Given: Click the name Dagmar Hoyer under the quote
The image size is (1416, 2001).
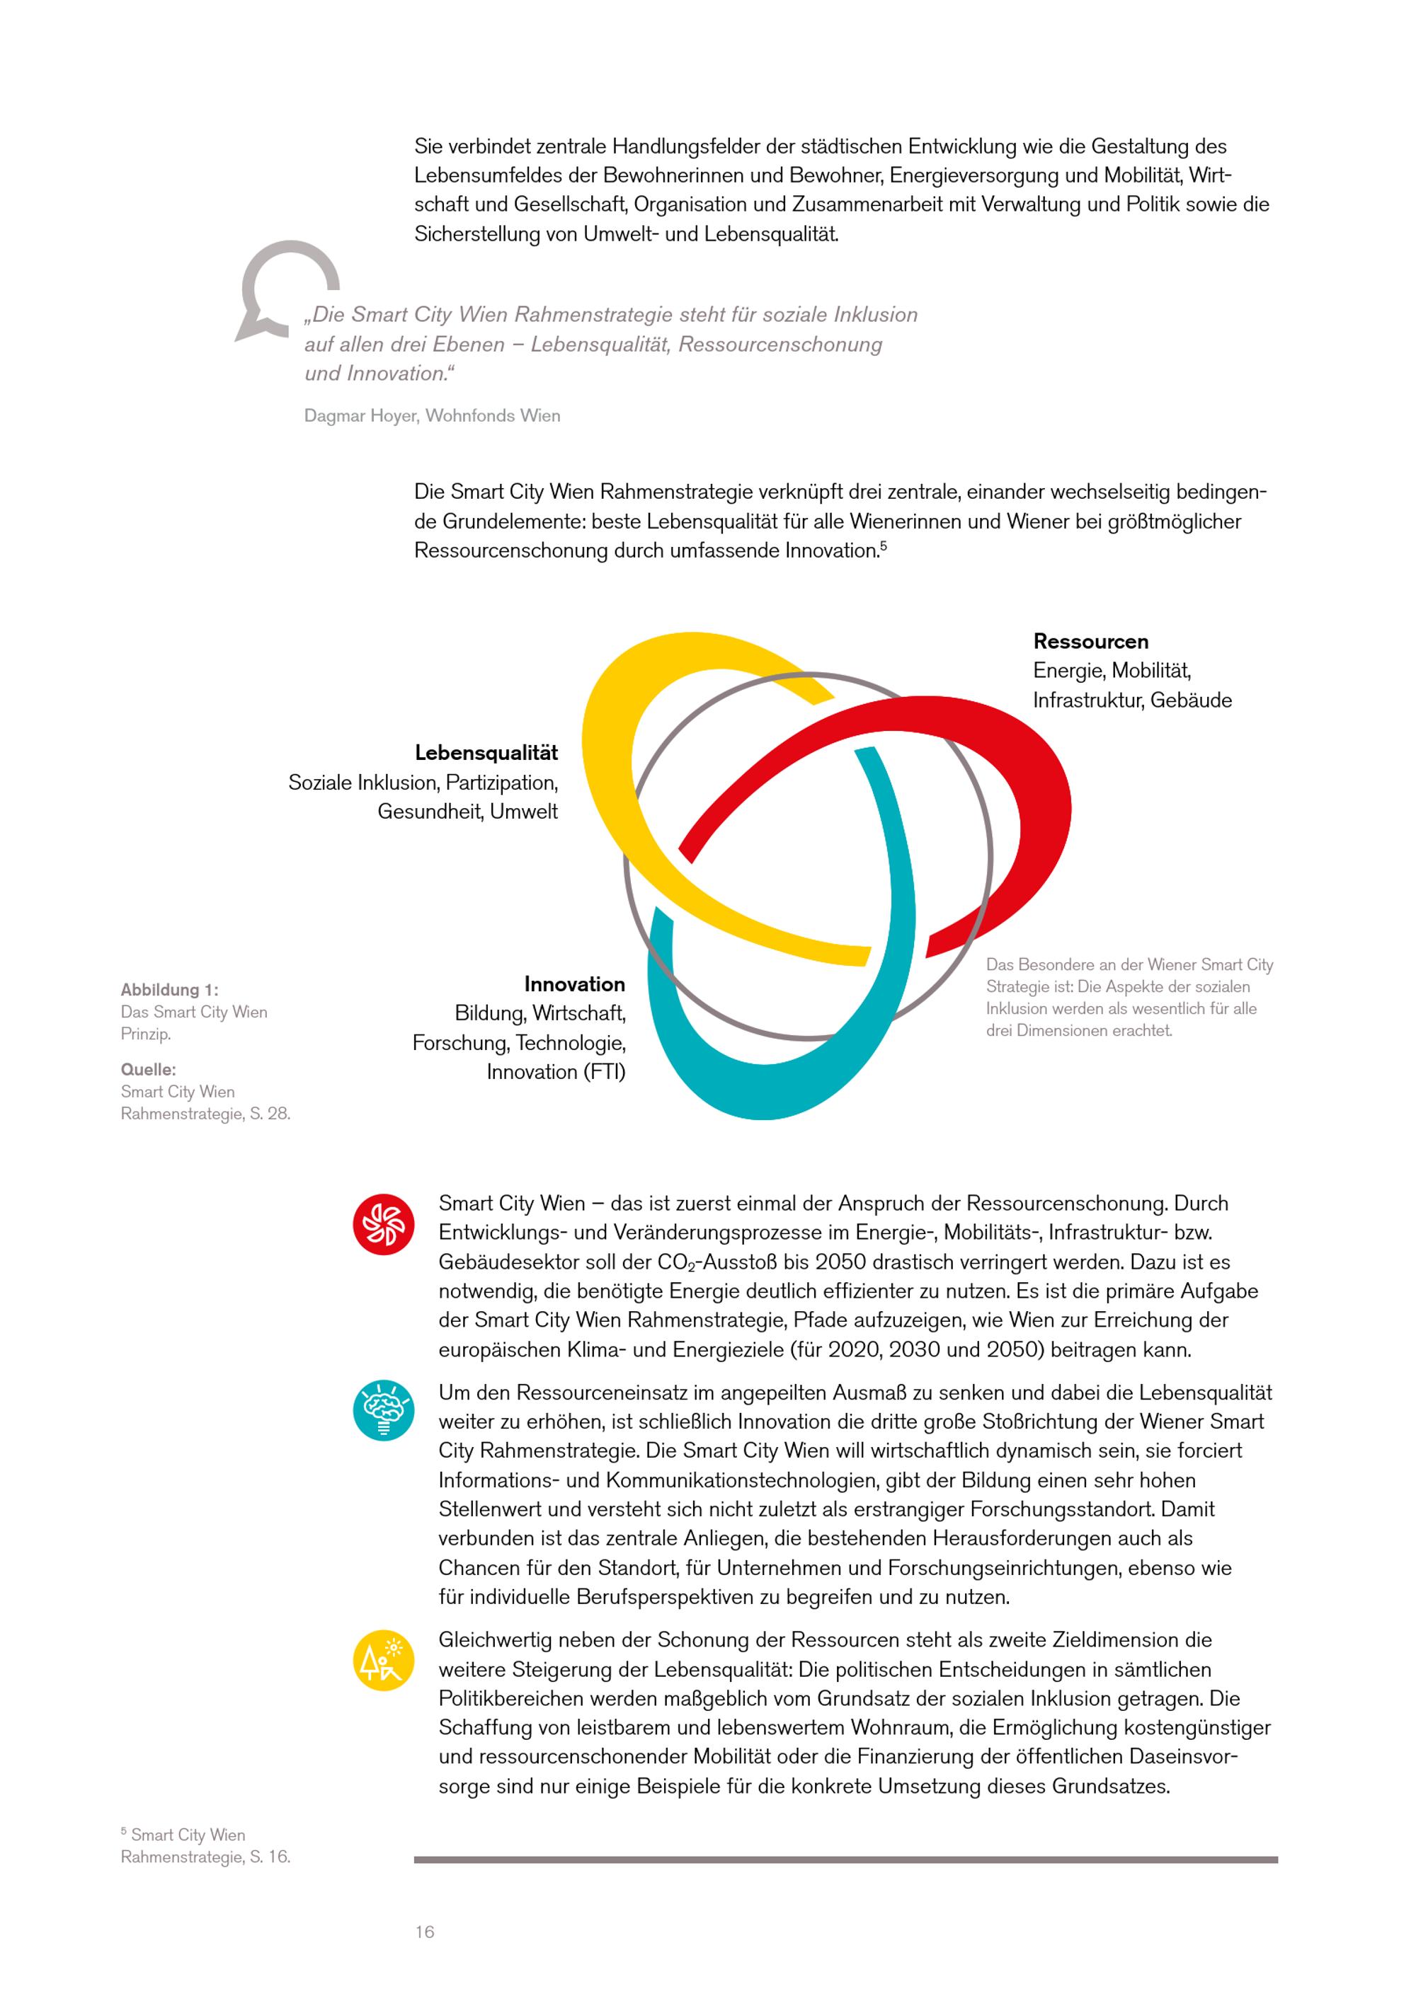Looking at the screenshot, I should tap(360, 416).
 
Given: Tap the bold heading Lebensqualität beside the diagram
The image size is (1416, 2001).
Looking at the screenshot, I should tap(486, 752).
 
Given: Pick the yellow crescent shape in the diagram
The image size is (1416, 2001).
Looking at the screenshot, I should tap(610, 785).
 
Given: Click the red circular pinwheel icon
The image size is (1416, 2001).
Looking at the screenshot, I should tap(383, 1225).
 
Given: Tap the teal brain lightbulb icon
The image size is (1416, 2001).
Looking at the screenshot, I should tap(383, 1411).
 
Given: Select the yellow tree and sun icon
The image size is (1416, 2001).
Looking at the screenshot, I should tap(383, 1660).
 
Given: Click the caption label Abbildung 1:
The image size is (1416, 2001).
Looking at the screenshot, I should tap(169, 990).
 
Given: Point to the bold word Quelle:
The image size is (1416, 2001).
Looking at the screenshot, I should tap(148, 1069).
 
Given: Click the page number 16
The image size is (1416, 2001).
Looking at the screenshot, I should tap(425, 1932).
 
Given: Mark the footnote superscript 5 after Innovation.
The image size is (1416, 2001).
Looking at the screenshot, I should tap(884, 546).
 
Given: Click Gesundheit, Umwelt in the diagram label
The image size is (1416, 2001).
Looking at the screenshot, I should tap(467, 812).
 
